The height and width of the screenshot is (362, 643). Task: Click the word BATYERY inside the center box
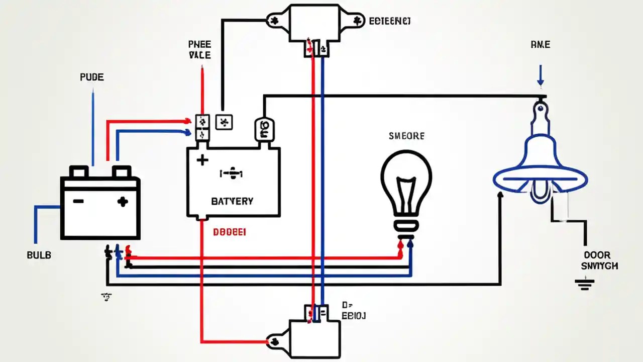[x=233, y=201]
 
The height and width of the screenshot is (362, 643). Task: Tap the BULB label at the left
[x=39, y=255]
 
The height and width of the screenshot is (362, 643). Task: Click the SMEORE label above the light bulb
[x=406, y=136]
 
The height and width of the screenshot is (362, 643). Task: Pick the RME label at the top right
[x=540, y=45]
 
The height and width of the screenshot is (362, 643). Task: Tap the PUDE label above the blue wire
[x=92, y=77]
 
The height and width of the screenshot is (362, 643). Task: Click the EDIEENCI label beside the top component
[x=390, y=21]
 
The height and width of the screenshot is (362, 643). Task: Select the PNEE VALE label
[x=200, y=50]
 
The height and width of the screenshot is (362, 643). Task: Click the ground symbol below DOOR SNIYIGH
[x=582, y=286]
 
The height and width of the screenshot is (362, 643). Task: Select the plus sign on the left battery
[x=122, y=202]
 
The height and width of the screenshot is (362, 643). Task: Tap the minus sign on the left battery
[x=78, y=201]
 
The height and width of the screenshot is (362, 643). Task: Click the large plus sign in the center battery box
[x=202, y=160]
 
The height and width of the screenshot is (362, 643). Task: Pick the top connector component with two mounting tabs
[x=313, y=23]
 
